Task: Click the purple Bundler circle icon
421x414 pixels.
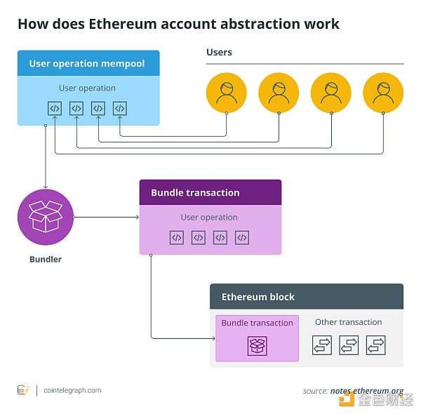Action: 46,217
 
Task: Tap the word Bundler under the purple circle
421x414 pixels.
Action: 46,260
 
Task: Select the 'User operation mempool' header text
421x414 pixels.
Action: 87,64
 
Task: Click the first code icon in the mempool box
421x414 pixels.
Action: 55,109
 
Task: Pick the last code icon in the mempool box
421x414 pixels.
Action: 120,109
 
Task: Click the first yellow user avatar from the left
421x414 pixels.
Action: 227,93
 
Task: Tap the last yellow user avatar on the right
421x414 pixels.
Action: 383,93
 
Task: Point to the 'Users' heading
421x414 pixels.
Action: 219,53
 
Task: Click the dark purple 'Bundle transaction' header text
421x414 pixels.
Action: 195,193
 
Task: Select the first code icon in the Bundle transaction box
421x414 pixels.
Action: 177,238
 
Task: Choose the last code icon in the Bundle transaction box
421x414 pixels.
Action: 242,238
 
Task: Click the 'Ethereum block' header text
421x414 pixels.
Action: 258,297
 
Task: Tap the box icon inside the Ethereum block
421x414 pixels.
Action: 258,346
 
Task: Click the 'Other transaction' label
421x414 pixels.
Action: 349,322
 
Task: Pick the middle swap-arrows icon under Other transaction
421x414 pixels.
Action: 349,345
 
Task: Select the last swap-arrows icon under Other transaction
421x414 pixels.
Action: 376,345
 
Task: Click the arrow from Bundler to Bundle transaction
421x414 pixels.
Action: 107,217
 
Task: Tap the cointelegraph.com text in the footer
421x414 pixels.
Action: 72,390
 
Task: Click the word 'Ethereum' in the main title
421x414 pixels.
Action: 123,24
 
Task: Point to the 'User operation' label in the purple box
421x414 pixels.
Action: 209,218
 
